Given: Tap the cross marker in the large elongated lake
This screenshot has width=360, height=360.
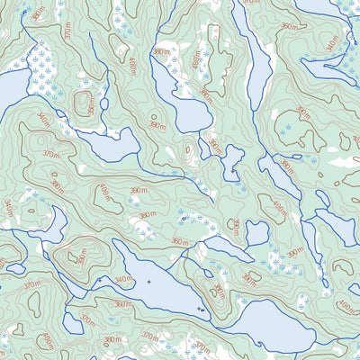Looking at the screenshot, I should [148, 282].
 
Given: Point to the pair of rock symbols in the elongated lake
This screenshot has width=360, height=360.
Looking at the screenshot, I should [200, 309].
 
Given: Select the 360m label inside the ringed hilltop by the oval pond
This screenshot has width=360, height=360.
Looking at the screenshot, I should [89, 101].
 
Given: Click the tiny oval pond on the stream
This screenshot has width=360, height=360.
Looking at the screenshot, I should [103, 104].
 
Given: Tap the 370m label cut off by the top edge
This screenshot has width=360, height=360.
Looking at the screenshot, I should [251, 4].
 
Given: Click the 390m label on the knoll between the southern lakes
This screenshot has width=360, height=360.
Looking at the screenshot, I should [219, 290].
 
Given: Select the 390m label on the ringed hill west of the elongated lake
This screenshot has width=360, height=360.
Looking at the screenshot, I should [81, 258].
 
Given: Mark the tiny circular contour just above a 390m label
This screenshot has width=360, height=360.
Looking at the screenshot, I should [189, 149].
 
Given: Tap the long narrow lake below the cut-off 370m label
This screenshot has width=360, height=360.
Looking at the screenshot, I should [256, 63].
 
